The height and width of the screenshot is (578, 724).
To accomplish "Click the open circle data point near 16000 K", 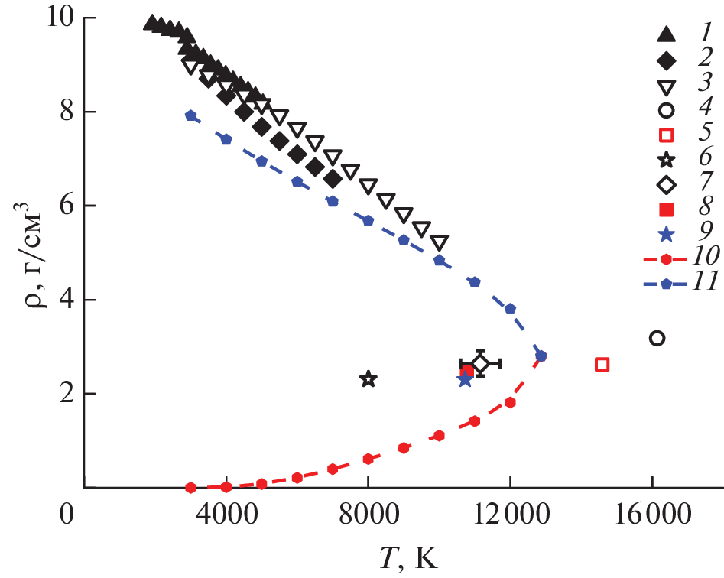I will point(656,338).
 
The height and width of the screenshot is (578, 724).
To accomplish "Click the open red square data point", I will point(602,365).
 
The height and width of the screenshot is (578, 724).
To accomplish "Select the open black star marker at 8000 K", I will point(368,378).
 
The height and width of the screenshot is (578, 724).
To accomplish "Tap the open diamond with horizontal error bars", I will point(480,364).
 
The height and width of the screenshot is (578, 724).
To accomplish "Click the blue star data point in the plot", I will point(465,379).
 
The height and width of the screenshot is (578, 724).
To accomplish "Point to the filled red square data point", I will point(467,372).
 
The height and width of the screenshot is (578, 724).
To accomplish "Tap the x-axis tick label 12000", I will point(511,516).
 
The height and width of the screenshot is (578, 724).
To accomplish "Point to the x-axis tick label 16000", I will point(652,516).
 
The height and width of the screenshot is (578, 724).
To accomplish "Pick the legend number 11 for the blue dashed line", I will point(700,304).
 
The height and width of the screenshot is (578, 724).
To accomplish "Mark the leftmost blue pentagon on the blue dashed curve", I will point(191,115).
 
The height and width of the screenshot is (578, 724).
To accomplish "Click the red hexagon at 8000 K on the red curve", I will point(368,459).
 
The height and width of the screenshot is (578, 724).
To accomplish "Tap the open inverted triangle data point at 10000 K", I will point(439,243).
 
